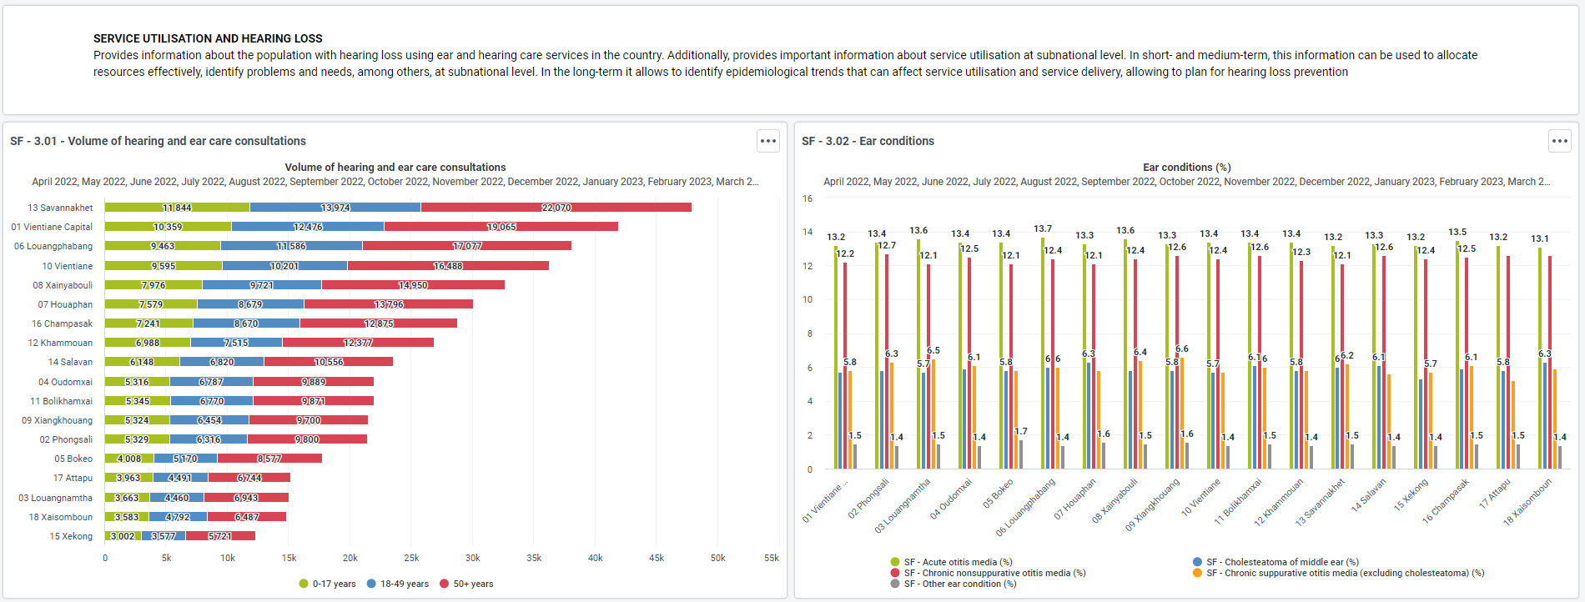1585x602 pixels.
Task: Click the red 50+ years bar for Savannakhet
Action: pos(556,208)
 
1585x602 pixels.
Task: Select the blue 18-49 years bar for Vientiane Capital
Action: pos(308,227)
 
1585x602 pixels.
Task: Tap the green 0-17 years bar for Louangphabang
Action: pos(163,246)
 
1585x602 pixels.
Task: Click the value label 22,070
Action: pos(556,208)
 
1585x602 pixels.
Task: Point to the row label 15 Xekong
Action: pos(71,536)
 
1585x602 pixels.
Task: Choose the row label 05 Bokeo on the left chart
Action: pos(73,459)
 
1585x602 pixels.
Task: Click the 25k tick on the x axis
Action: pos(411,558)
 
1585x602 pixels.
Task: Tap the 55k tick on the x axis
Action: pos(772,558)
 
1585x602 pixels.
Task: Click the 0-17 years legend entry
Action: pos(327,584)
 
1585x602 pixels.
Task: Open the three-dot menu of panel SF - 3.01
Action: pos(768,141)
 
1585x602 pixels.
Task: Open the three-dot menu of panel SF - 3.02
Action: pos(1560,141)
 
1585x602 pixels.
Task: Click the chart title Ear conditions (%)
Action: pos(1187,168)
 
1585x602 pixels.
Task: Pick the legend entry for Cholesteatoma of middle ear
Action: pos(1276,562)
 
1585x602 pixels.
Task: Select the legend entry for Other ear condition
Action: pos(954,584)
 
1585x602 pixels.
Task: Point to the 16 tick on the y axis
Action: pos(808,198)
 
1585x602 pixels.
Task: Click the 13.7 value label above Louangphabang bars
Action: pos(1043,228)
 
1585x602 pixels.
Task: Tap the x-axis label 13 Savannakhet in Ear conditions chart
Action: pos(1321,502)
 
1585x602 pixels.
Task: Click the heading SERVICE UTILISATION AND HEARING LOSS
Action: pos(208,38)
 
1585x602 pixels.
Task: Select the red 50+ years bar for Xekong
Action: pos(220,536)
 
